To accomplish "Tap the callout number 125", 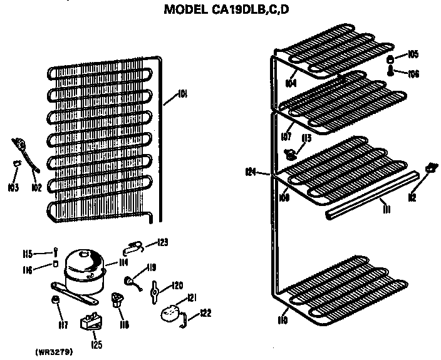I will coord(95,344).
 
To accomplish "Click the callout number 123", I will coord(163,242).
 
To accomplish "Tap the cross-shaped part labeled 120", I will coord(156,291).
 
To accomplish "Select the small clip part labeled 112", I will coord(430,168).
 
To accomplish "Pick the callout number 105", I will coord(413,54).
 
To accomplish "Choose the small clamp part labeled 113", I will coord(291,152).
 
